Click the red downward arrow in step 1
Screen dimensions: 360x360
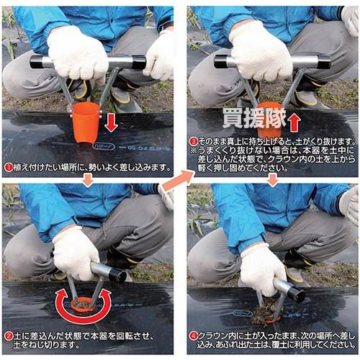[x=111, y=122]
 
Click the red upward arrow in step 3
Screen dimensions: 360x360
[x=294, y=122]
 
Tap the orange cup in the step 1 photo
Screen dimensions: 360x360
[x=86, y=123]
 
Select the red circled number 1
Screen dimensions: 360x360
[x=9, y=168]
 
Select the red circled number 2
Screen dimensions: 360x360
[x=9, y=336]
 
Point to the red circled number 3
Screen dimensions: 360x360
[x=194, y=141]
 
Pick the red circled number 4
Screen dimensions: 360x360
[x=194, y=336]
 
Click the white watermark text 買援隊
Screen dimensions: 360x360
[x=254, y=118]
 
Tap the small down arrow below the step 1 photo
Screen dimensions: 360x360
[x=88, y=180]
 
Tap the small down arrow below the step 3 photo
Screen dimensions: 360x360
[x=273, y=180]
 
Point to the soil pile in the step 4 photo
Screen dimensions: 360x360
[x=266, y=312]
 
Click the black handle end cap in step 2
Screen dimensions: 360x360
[x=117, y=276]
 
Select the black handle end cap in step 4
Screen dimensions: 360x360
[x=297, y=294]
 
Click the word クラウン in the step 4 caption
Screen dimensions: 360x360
[x=214, y=336]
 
